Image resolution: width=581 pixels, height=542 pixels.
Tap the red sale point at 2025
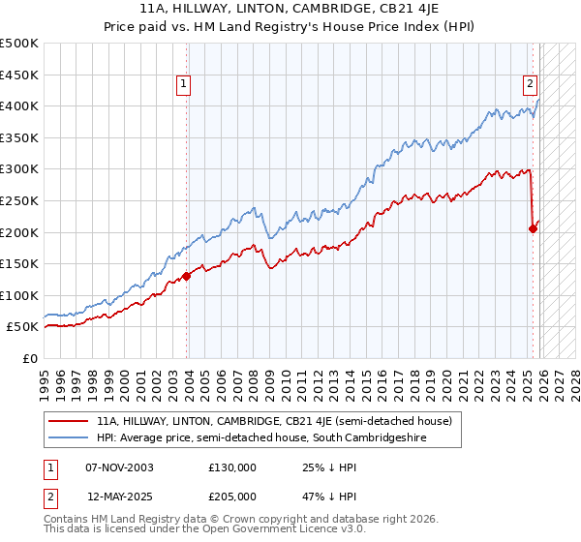click(x=533, y=229)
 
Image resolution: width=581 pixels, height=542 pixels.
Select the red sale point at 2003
click(x=187, y=276)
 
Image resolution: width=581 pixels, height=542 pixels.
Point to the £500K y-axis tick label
click(x=19, y=44)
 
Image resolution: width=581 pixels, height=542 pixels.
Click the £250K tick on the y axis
click(x=19, y=200)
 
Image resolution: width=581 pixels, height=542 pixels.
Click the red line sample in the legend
click(x=69, y=421)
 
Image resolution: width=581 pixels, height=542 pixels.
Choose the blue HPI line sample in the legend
click(x=69, y=438)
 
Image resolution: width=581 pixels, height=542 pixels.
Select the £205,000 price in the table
click(x=231, y=496)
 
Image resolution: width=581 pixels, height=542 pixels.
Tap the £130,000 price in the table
click(x=231, y=467)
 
